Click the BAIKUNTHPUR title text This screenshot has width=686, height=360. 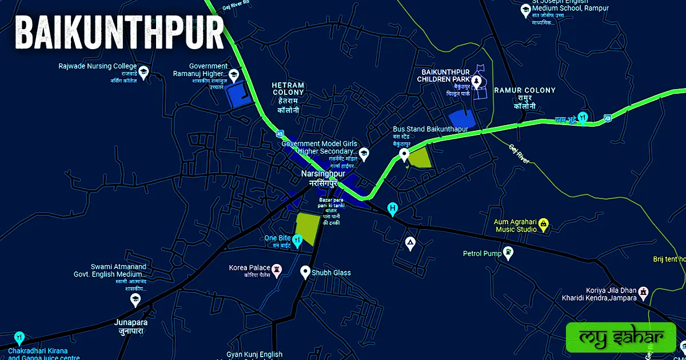119,34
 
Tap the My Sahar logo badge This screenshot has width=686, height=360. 620,337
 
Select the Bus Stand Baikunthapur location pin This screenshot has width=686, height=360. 404,154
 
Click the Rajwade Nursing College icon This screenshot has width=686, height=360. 144,72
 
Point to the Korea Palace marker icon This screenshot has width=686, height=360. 277,269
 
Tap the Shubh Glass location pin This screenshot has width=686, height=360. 305,272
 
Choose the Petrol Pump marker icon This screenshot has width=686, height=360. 508,253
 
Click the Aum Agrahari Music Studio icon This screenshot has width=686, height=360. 544,223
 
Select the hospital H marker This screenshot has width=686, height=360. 393,209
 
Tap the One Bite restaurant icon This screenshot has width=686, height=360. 297,239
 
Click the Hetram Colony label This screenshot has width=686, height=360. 288,96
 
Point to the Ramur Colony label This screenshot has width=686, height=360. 524,98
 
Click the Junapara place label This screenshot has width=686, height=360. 131,326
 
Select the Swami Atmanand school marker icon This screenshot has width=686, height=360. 135,299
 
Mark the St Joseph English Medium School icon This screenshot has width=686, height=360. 525,10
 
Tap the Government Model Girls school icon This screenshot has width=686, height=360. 364,153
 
